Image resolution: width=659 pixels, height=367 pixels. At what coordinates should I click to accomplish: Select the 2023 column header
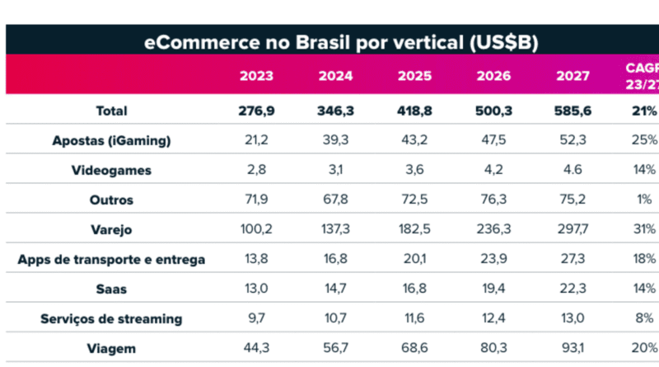[256, 76]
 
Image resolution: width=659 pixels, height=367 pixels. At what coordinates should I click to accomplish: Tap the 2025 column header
[414, 76]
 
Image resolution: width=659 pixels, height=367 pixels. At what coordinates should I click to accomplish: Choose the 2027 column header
[572, 76]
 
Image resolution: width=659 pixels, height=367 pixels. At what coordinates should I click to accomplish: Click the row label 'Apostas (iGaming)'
[111, 141]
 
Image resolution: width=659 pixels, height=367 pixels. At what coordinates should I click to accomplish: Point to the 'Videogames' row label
[111, 171]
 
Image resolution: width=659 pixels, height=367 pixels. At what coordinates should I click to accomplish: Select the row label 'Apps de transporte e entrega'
[111, 260]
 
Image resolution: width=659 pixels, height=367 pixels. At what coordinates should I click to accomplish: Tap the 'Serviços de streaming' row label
[111, 319]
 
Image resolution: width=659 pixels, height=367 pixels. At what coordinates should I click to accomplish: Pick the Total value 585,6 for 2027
[572, 111]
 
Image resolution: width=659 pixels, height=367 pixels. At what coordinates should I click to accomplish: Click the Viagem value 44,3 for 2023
[256, 349]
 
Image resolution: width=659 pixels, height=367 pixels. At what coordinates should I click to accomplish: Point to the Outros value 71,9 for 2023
[256, 200]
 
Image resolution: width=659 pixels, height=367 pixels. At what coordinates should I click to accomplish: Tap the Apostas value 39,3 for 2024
[335, 141]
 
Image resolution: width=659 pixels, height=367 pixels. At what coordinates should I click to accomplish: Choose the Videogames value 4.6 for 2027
[572, 171]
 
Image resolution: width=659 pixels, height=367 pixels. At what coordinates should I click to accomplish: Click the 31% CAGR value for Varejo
[645, 230]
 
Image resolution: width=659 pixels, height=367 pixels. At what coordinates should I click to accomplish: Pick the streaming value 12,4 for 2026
[493, 319]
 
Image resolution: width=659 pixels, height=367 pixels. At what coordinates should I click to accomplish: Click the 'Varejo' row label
[111, 230]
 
